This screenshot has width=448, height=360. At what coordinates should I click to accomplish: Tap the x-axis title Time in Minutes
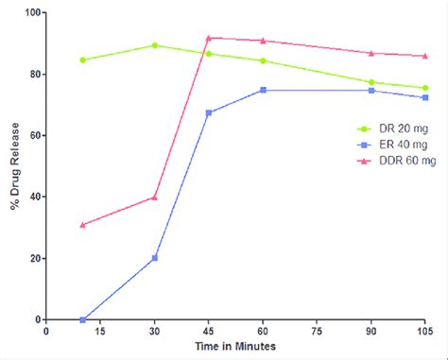click(235, 349)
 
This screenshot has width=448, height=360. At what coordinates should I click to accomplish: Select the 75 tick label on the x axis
click(317, 332)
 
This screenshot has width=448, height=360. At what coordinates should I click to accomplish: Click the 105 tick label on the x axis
click(424, 332)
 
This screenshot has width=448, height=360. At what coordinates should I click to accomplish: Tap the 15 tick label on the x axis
click(100, 332)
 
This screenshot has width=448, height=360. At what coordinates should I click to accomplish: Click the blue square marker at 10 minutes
click(83, 319)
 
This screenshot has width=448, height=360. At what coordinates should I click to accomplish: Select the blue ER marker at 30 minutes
click(155, 258)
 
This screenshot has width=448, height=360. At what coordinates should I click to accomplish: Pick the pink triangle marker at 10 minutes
click(83, 225)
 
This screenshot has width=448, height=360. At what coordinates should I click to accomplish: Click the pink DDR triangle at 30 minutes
click(155, 197)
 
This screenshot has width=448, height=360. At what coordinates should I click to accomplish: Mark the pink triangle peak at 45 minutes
click(209, 38)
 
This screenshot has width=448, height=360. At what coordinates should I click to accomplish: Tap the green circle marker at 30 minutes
click(155, 45)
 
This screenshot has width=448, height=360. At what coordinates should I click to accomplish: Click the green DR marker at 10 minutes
click(83, 60)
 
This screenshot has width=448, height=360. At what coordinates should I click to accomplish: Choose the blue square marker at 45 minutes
click(209, 112)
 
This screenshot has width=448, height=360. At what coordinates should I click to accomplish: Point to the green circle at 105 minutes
click(424, 88)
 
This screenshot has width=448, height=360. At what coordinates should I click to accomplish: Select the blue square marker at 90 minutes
click(370, 90)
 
